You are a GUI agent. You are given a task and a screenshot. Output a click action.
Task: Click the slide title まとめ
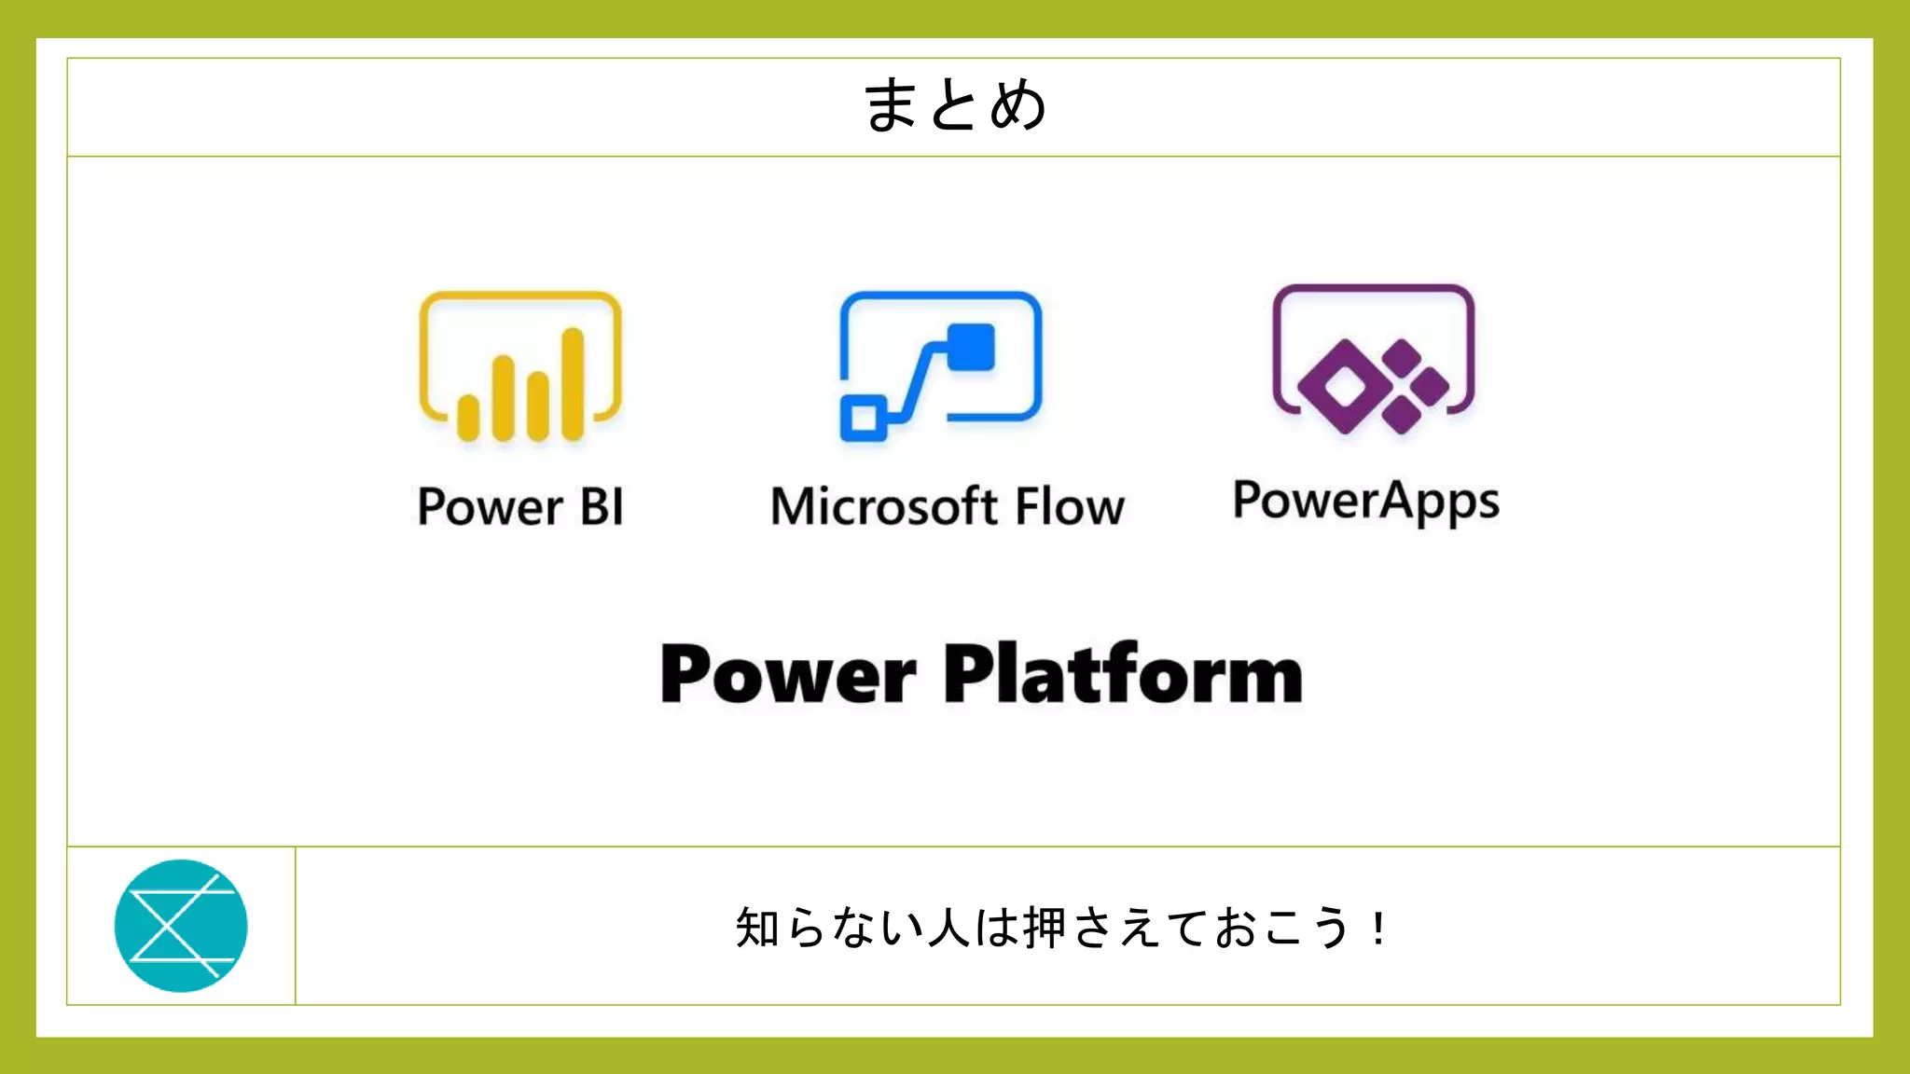955,105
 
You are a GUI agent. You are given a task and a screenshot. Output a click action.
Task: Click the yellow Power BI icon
520,366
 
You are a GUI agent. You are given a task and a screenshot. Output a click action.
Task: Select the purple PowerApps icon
1373,360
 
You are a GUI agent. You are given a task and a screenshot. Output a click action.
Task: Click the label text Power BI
520,507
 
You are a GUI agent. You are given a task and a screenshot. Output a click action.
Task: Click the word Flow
1069,507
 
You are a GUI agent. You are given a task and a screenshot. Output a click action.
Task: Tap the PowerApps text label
1366,502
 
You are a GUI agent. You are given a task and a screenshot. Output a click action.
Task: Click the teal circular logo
181,926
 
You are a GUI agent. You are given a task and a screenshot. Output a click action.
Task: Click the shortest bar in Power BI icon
468,417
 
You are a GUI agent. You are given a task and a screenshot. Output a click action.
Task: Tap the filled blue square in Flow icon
972,347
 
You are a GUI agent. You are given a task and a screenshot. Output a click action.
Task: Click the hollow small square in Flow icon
864,417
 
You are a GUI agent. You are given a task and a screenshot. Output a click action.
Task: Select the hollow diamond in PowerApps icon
1343,387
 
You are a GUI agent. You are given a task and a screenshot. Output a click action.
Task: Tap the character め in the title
1018,105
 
